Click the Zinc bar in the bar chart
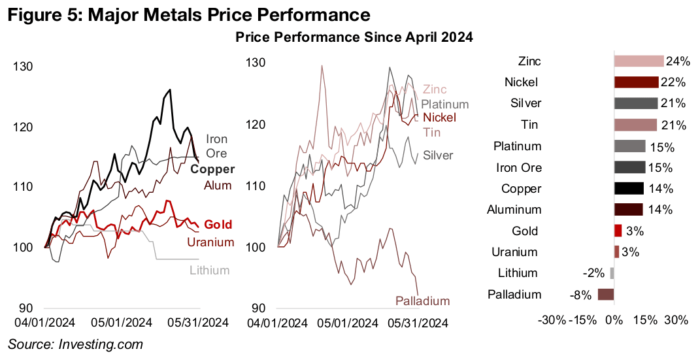(639, 61)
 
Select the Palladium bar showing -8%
(605, 294)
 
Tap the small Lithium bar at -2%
(612, 273)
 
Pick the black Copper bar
(629, 188)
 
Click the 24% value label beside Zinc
(677, 61)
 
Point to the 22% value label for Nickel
(673, 82)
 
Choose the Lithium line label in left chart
(209, 270)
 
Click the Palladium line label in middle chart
(422, 301)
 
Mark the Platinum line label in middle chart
(444, 104)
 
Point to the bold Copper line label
(212, 170)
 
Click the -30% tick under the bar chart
(551, 320)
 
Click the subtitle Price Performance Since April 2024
(354, 38)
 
